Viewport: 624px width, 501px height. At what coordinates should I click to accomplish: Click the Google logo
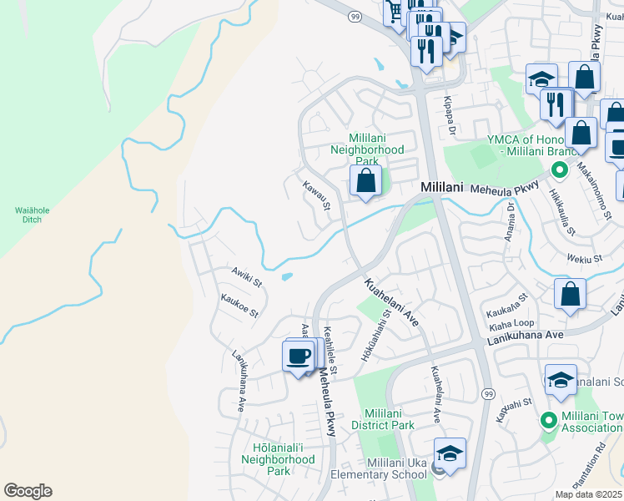pos(28,491)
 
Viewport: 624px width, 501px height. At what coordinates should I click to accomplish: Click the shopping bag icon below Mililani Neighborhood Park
pos(365,180)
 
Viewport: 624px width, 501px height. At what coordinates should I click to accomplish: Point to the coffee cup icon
pos(299,357)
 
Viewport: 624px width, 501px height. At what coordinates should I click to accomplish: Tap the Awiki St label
pos(247,276)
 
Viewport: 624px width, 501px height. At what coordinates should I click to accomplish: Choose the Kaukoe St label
pos(239,306)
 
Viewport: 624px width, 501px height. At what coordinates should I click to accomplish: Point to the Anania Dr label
pos(510,225)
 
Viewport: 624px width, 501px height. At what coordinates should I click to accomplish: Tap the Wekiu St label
pos(585,259)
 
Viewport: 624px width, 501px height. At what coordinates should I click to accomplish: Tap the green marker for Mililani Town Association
pos(548,419)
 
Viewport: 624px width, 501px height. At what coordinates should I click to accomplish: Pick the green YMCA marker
pos(558,170)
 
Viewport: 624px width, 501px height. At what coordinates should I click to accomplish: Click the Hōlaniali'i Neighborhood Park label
pos(278,459)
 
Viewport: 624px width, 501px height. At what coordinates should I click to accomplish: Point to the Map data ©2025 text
pos(589,494)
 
